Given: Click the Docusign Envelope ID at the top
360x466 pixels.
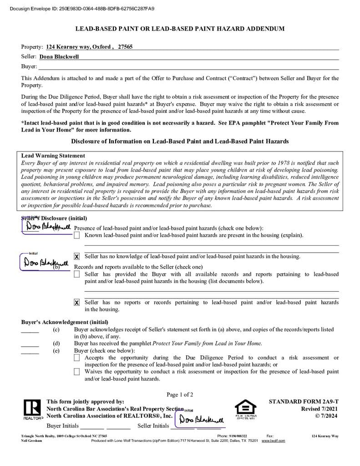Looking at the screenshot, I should (x=82, y=9).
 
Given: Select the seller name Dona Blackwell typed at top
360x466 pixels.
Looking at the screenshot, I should (x=59, y=57).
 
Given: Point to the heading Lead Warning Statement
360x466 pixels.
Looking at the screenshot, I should (x=53, y=156).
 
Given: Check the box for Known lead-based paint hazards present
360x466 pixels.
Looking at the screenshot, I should (x=77, y=235).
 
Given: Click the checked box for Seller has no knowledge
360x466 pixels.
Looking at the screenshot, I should (x=77, y=257).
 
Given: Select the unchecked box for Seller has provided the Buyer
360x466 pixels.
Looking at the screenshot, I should (x=77, y=274).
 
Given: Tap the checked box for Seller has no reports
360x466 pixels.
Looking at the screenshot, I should (x=77, y=303).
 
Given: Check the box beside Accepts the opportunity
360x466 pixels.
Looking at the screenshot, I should (x=77, y=358).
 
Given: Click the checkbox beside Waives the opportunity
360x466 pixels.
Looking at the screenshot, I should (x=77, y=372).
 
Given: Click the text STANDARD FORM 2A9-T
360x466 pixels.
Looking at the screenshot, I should (x=304, y=402).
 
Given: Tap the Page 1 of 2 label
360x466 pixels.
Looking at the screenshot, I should (x=180, y=395).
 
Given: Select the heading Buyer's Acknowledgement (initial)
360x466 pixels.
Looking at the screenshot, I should (x=65, y=322).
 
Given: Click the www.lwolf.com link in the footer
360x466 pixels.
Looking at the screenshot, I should (x=273, y=441).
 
